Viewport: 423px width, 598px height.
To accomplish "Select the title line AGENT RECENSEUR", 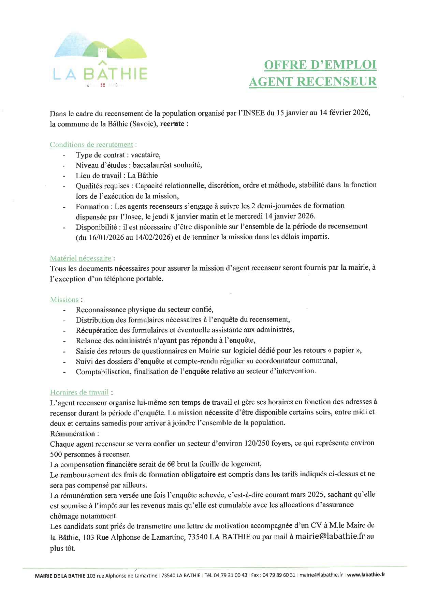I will (312, 81).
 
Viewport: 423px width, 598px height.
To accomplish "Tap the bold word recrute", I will (172, 123).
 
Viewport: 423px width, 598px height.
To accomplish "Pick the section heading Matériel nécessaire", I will (81, 258).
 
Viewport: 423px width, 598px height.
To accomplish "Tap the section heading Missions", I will (64, 299).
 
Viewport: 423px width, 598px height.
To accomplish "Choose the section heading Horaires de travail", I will (79, 392).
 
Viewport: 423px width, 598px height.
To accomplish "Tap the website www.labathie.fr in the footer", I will (366, 574).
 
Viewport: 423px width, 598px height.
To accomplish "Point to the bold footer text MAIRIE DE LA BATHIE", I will (60, 576).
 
